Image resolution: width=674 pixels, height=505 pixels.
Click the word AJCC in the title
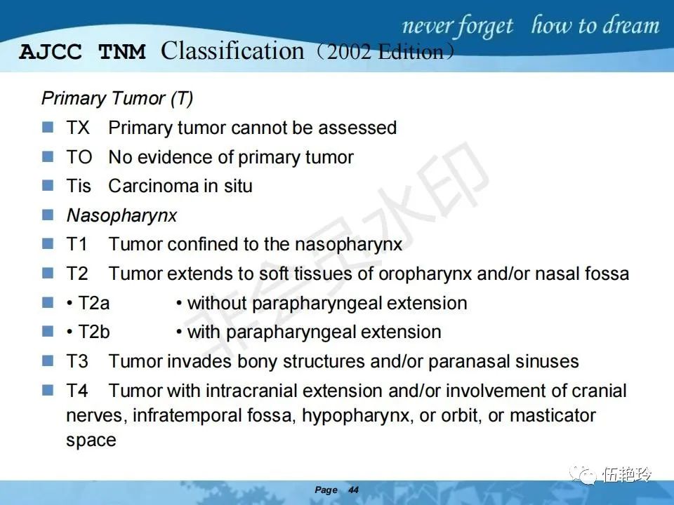[51, 52]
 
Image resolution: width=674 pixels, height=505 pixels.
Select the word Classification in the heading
[232, 50]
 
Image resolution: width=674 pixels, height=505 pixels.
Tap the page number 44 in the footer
[353, 490]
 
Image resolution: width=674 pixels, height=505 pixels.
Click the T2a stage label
[93, 303]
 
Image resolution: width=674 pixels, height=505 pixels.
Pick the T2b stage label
[93, 332]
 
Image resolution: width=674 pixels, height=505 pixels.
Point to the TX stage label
[78, 128]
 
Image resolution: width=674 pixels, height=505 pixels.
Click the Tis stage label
[79, 186]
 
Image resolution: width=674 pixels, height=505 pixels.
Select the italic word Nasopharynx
[121, 215]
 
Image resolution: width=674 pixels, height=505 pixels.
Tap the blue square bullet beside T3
[48, 361]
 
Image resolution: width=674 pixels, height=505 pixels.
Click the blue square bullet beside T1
[48, 243]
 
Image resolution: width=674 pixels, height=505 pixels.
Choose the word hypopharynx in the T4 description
[355, 416]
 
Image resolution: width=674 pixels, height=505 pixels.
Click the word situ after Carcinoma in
[238, 186]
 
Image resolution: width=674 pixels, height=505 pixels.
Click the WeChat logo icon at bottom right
[583, 475]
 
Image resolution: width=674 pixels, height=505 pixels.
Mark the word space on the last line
[91, 440]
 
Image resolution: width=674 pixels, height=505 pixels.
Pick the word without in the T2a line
[217, 303]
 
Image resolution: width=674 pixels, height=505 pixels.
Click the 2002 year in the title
[349, 52]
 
